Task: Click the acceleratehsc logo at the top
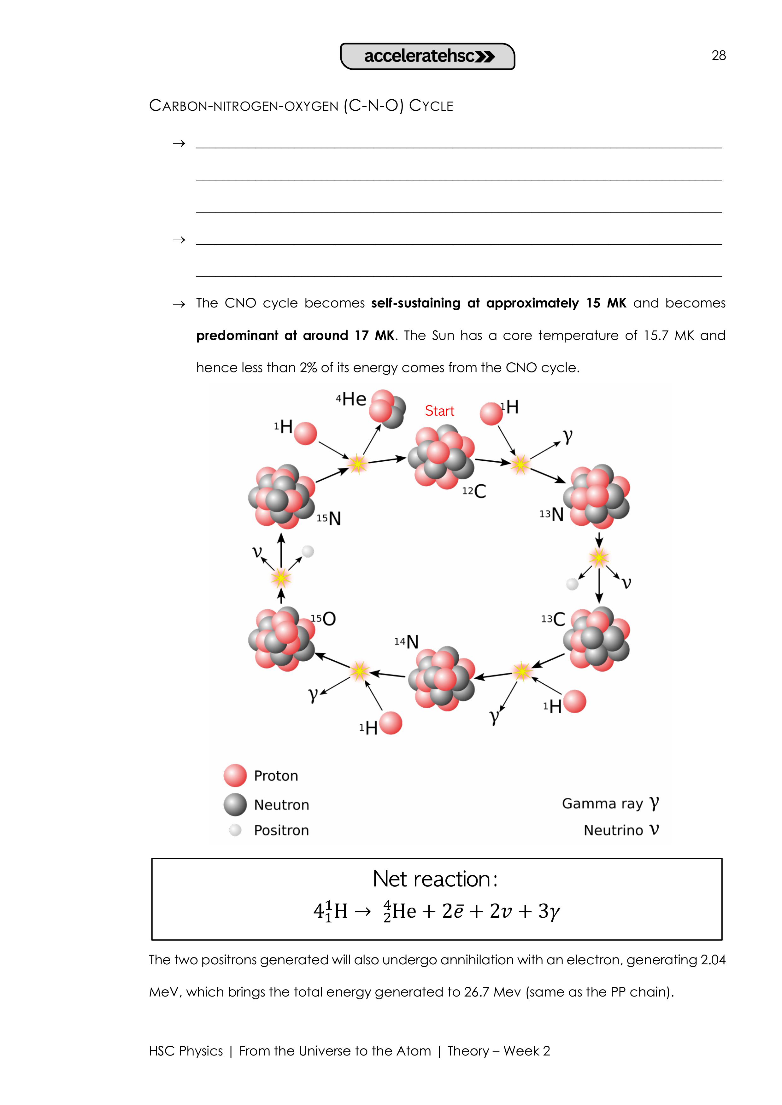coord(428,56)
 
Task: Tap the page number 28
coord(719,56)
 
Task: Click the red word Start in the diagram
coord(439,411)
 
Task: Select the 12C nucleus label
coord(474,491)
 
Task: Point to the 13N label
coord(552,514)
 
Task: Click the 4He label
coord(351,399)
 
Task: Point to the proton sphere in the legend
coord(235,775)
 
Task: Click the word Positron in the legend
coord(281,830)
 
